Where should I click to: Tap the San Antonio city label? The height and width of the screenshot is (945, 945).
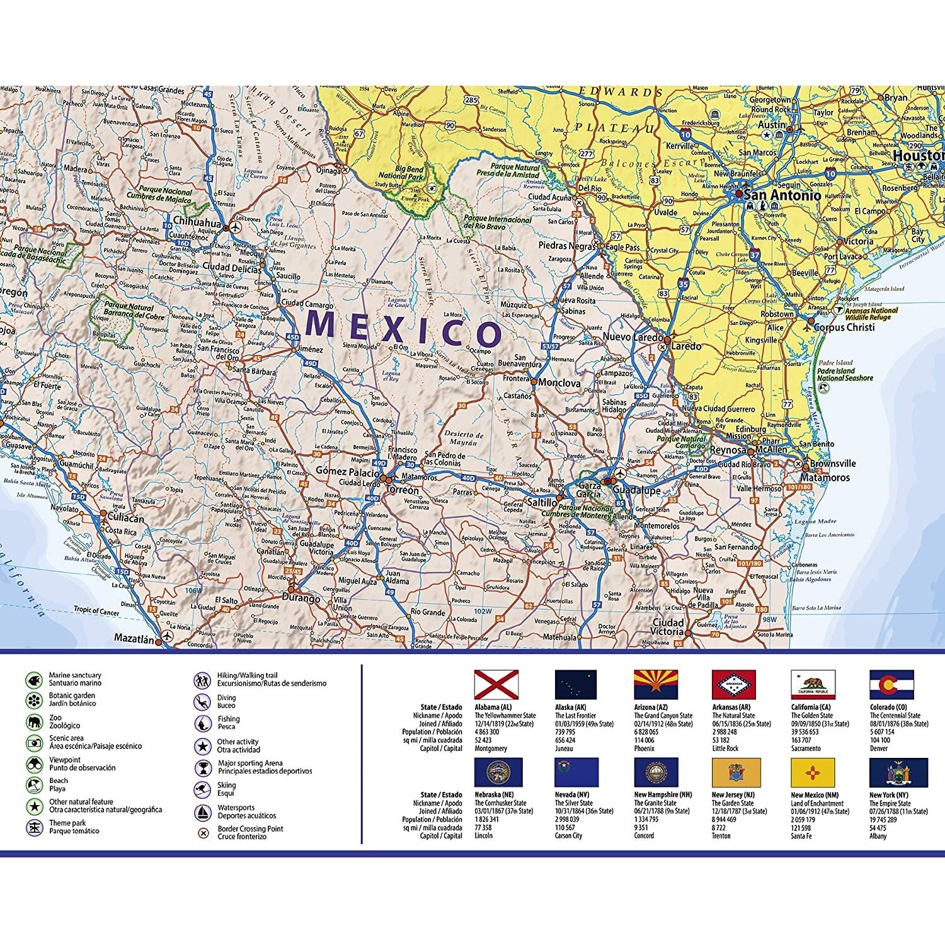[x=782, y=195]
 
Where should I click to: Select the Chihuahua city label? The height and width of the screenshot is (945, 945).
[x=197, y=222]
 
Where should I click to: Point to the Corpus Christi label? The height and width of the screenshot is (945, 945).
[x=844, y=328]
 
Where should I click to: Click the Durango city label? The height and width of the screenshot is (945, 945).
[x=301, y=598]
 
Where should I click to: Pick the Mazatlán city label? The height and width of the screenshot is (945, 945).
[x=134, y=638]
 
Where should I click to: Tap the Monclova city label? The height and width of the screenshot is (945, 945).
[x=559, y=383]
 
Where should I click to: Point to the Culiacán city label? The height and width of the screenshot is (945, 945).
[x=125, y=518]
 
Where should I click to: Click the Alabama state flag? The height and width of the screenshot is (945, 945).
[x=496, y=685]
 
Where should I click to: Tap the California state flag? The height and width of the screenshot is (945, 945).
[x=813, y=685]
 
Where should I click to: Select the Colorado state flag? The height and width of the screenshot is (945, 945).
[x=891, y=685]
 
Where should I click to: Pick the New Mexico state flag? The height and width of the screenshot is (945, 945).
[x=813, y=772]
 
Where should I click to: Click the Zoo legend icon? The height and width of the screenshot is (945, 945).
[x=33, y=721]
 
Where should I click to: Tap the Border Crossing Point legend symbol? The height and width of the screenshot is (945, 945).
[x=203, y=833]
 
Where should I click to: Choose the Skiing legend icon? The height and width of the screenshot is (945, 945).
[x=202, y=789]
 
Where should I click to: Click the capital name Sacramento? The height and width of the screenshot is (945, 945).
[x=806, y=748]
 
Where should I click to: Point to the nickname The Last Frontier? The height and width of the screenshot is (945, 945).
[x=575, y=716]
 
